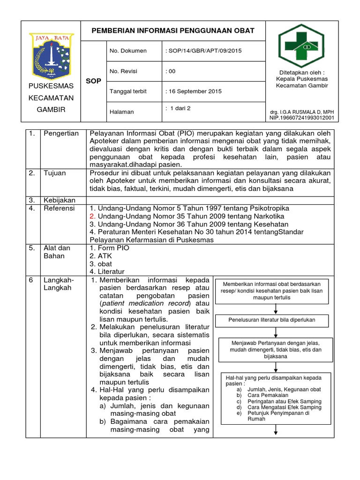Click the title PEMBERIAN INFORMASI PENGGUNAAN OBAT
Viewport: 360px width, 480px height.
point(173,30)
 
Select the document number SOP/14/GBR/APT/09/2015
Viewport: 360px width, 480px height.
point(204,51)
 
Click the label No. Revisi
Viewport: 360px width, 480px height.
point(123,71)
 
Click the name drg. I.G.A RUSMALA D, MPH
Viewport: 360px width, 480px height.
point(302,112)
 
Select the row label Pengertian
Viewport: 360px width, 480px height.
point(61,134)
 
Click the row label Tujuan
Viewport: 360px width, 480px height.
point(54,173)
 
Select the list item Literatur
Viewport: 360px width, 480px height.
point(111,272)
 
